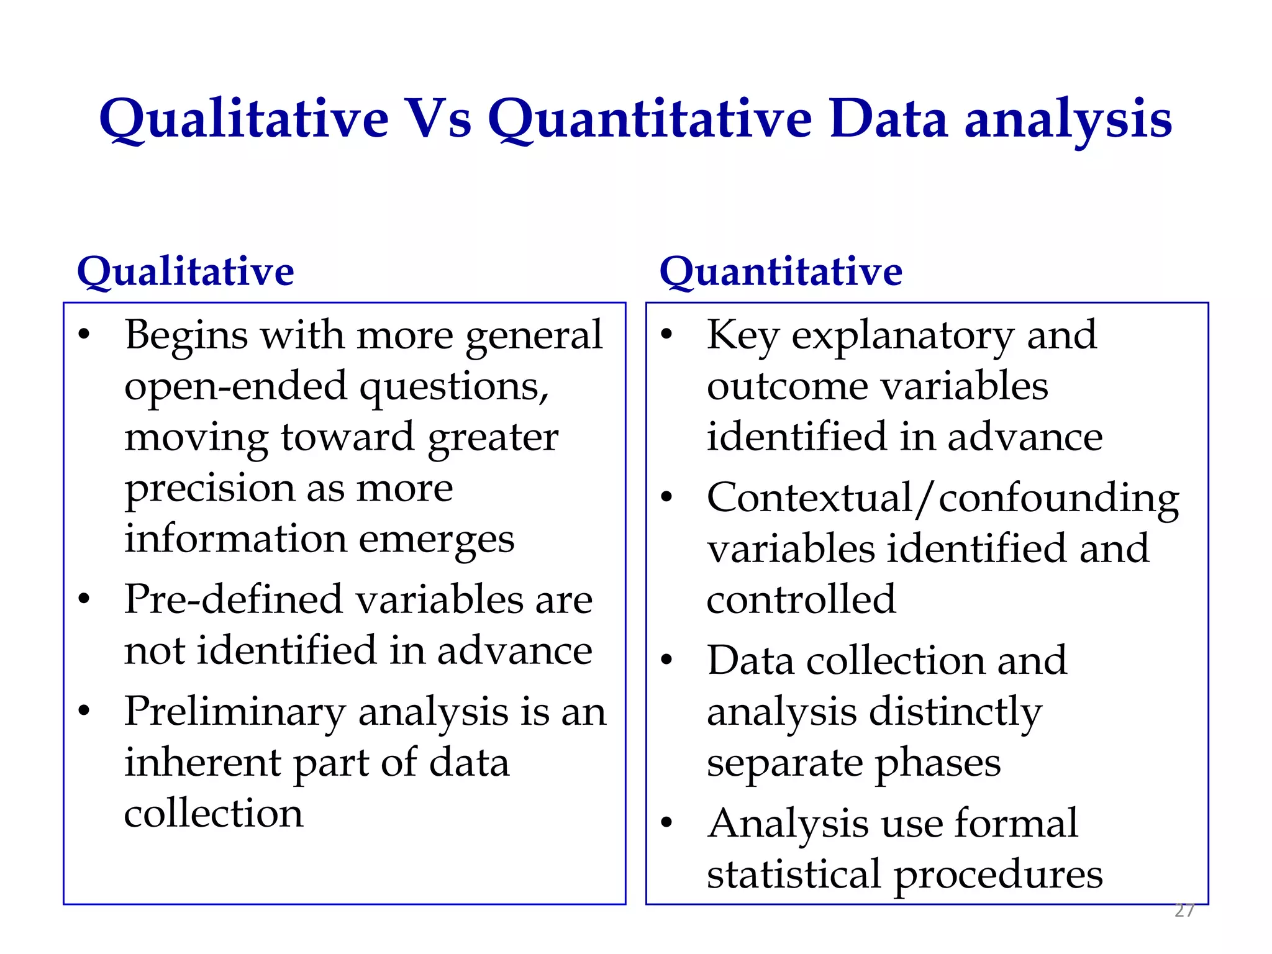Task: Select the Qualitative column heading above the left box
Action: pos(185,272)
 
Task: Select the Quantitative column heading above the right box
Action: pos(781,272)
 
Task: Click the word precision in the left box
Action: pos(209,489)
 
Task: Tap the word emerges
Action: pos(437,540)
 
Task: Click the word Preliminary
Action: pos(235,712)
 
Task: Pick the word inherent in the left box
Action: pos(202,763)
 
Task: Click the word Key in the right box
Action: pos(742,336)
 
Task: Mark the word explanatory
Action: pos(902,336)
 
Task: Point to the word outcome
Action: pos(787,387)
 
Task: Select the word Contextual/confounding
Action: pos(943,499)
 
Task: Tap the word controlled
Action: pos(801,600)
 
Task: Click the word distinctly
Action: pos(955,712)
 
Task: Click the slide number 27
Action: pos(1184,911)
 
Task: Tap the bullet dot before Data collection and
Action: pos(667,660)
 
